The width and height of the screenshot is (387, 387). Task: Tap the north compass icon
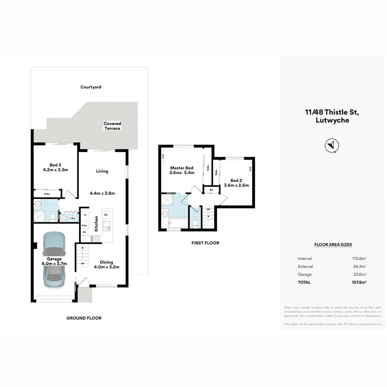[332, 145]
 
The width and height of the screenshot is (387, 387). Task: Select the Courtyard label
[91, 87]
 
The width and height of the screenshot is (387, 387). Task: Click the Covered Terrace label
[112, 126]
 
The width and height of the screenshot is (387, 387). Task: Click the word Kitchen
[96, 223]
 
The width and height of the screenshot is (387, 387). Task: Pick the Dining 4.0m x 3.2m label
[106, 264]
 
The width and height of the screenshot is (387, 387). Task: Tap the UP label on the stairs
[82, 263]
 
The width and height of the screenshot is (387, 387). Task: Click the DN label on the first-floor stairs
[208, 209]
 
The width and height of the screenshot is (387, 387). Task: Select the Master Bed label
[182, 170]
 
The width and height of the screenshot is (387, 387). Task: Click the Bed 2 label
[236, 183]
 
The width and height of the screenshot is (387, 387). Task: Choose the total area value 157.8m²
[359, 282]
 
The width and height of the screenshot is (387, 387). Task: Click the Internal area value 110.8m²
[359, 258]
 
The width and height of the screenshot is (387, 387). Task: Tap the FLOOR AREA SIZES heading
[333, 245]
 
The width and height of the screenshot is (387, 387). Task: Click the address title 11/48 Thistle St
[332, 112]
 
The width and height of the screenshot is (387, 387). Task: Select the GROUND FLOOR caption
[84, 318]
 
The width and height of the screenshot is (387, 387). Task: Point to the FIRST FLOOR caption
[205, 243]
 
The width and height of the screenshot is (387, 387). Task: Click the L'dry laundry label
[72, 218]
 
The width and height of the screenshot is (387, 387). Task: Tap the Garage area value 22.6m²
[359, 274]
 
